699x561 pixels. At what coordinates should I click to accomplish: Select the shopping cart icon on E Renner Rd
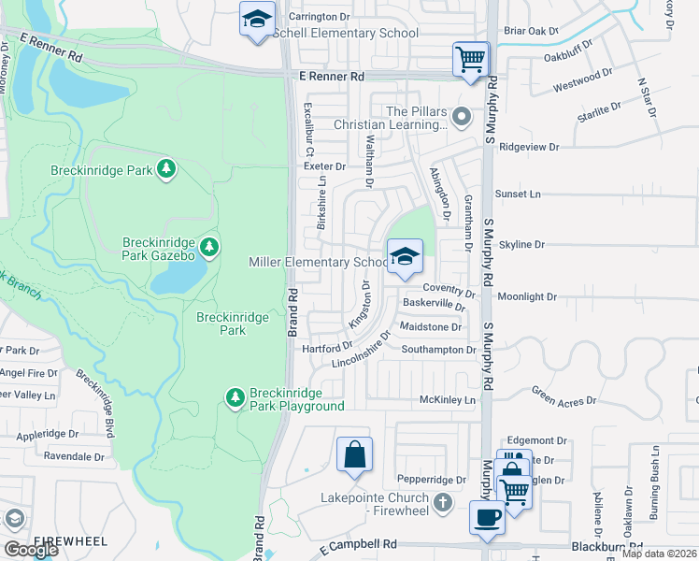pyautogui.click(x=470, y=59)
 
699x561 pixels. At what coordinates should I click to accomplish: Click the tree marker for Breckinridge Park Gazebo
pyautogui.click(x=210, y=247)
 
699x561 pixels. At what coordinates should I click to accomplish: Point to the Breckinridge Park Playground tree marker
pyautogui.click(x=235, y=398)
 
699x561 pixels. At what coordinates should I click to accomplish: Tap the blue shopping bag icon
pyautogui.click(x=355, y=455)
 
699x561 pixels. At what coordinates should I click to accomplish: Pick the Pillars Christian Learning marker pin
pyautogui.click(x=460, y=118)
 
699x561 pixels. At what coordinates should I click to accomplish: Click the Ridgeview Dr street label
pyautogui.click(x=529, y=147)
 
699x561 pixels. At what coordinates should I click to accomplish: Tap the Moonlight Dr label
pyautogui.click(x=527, y=296)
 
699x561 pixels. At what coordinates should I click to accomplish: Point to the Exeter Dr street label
pyautogui.click(x=324, y=165)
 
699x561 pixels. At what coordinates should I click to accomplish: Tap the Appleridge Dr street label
pyautogui.click(x=73, y=434)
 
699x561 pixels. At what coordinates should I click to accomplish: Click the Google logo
pyautogui.click(x=31, y=549)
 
